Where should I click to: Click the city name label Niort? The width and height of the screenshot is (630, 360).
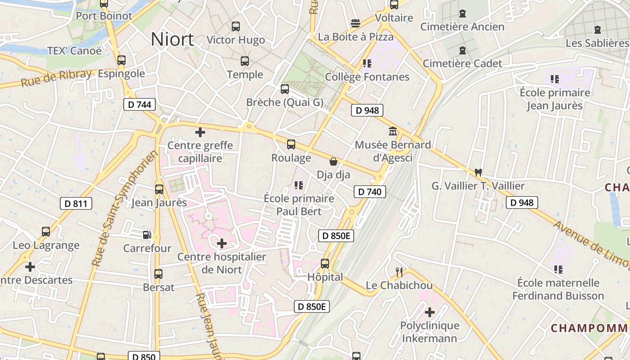click(x=172, y=40)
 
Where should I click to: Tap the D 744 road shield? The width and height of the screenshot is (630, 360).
click(x=139, y=105)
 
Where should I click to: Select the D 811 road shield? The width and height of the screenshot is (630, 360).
click(x=76, y=204)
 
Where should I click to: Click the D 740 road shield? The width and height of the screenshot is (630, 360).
click(x=369, y=192)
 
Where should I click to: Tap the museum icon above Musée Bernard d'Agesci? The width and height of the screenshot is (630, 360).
click(x=393, y=131)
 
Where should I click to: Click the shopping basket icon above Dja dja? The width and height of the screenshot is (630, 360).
click(x=333, y=161)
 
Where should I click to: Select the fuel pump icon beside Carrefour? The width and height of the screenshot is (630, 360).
click(x=147, y=234)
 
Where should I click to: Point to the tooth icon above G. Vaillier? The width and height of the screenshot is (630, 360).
click(x=478, y=172)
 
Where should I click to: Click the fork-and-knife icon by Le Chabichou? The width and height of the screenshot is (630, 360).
click(x=399, y=271)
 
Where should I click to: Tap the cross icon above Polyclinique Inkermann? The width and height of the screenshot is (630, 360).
click(x=430, y=312)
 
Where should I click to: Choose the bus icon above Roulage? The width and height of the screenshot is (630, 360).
click(x=291, y=144)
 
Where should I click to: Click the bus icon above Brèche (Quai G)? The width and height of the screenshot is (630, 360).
click(x=285, y=89)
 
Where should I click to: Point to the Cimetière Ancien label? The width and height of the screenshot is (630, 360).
click(x=462, y=27)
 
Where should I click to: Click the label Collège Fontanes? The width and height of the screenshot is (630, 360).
click(x=367, y=77)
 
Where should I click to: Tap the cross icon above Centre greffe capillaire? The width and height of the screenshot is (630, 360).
click(x=200, y=132)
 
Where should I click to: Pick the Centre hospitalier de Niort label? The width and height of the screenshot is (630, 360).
click(x=222, y=263)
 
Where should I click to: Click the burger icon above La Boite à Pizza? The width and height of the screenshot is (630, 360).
click(x=355, y=23)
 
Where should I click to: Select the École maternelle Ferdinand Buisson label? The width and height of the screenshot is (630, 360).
click(x=558, y=289)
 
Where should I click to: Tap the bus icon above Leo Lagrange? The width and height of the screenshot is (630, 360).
click(x=46, y=232)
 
